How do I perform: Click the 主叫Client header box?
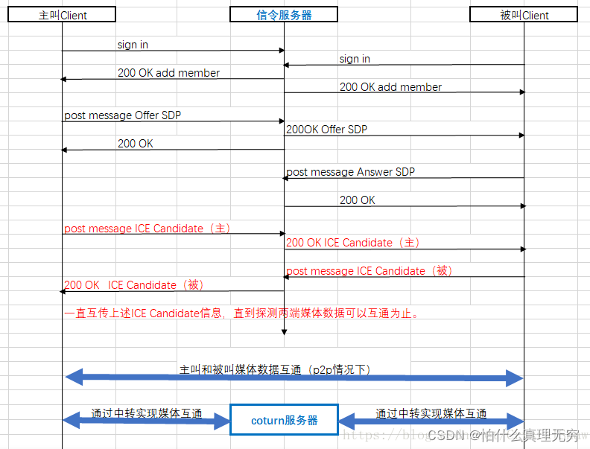(63, 15)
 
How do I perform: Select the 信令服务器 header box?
(284, 15)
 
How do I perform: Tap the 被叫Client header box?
(524, 15)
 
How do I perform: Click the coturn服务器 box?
(284, 420)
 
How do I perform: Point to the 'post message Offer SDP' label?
(123, 115)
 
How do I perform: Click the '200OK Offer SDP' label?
(327, 130)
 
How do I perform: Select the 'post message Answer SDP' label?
(351, 172)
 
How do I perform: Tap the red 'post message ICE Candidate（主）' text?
(146, 229)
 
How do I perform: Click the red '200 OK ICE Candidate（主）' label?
(353, 243)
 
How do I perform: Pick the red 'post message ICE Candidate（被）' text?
(369, 271)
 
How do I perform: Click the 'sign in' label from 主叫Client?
(133, 45)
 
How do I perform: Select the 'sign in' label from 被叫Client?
(355, 59)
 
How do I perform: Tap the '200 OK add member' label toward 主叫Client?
(168, 73)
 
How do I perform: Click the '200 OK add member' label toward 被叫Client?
(390, 87)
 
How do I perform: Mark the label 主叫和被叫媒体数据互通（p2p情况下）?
(275, 369)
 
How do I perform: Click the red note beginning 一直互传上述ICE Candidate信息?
(243, 313)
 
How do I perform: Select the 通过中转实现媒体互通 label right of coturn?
(431, 414)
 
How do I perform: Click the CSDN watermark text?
(504, 435)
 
